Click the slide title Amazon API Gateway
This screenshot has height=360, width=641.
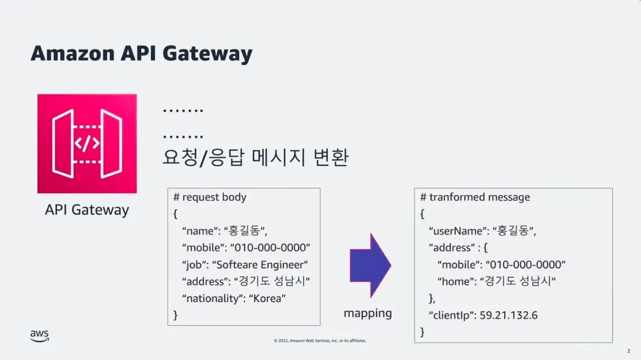coord(141,54)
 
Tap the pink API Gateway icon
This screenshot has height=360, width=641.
coord(87,144)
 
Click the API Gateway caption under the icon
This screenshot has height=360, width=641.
coord(87,210)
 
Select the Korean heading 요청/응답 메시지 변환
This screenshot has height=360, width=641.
coord(256,158)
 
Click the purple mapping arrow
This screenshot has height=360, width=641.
coord(370,265)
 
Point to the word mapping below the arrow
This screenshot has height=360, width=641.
coord(368,313)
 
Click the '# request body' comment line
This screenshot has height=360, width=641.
coord(210,197)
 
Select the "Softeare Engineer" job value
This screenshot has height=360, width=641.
coord(261,265)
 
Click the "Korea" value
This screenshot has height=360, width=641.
coord(267,298)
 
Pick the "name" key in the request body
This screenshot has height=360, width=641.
coord(199,230)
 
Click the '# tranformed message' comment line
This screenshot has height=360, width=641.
coord(475,197)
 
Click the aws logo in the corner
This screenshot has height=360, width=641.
coord(39,335)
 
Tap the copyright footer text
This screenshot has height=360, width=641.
coord(320,340)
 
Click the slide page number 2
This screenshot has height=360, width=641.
coord(629,350)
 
